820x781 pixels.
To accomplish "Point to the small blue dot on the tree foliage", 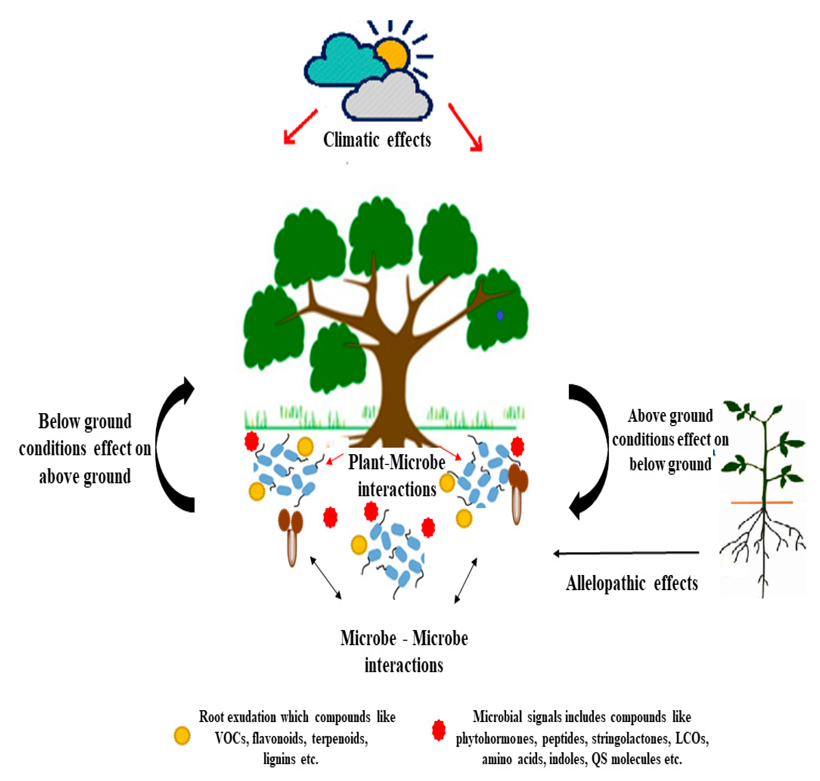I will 500,316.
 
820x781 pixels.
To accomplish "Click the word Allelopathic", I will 605,584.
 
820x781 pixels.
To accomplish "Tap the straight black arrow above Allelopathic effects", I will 625,553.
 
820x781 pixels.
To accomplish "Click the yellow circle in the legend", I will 182,736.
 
